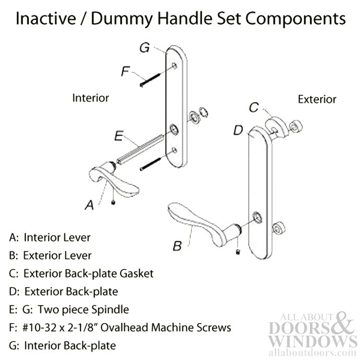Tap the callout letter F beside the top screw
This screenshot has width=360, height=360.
(124, 72)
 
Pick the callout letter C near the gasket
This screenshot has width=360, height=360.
(256, 108)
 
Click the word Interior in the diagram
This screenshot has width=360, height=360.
(91, 98)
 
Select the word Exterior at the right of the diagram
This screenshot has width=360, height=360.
(317, 99)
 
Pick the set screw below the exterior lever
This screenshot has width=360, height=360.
(239, 252)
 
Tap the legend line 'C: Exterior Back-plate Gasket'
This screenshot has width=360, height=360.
(81, 274)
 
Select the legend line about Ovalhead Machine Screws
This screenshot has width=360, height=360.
(120, 327)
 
